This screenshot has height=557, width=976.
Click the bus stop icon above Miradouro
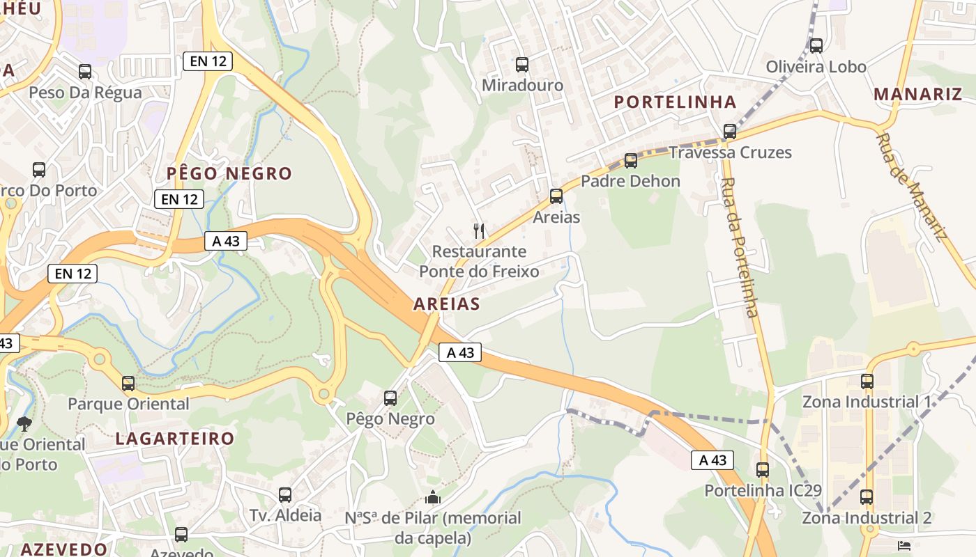tap(522, 65)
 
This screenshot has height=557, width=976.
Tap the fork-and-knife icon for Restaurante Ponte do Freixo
tap(478, 230)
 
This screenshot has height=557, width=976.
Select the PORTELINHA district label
tap(675, 102)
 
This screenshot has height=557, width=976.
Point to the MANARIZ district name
tap(917, 94)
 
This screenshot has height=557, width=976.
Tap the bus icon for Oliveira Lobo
tap(816, 46)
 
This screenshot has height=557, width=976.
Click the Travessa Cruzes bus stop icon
tap(730, 131)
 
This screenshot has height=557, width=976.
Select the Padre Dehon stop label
tap(630, 181)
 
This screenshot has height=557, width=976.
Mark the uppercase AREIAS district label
tap(447, 304)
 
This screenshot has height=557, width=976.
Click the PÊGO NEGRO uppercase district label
tap(229, 173)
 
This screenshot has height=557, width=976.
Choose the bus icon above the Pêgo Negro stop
tap(390, 398)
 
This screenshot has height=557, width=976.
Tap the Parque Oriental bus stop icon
tap(128, 383)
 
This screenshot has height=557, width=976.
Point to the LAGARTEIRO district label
tap(175, 439)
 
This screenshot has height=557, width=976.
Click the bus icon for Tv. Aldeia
tap(285, 495)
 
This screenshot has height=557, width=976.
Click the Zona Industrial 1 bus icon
tap(867, 381)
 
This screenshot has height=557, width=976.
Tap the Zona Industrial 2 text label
tap(867, 518)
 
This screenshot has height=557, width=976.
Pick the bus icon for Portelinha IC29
tap(763, 469)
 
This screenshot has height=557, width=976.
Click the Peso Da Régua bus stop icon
tap(85, 71)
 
